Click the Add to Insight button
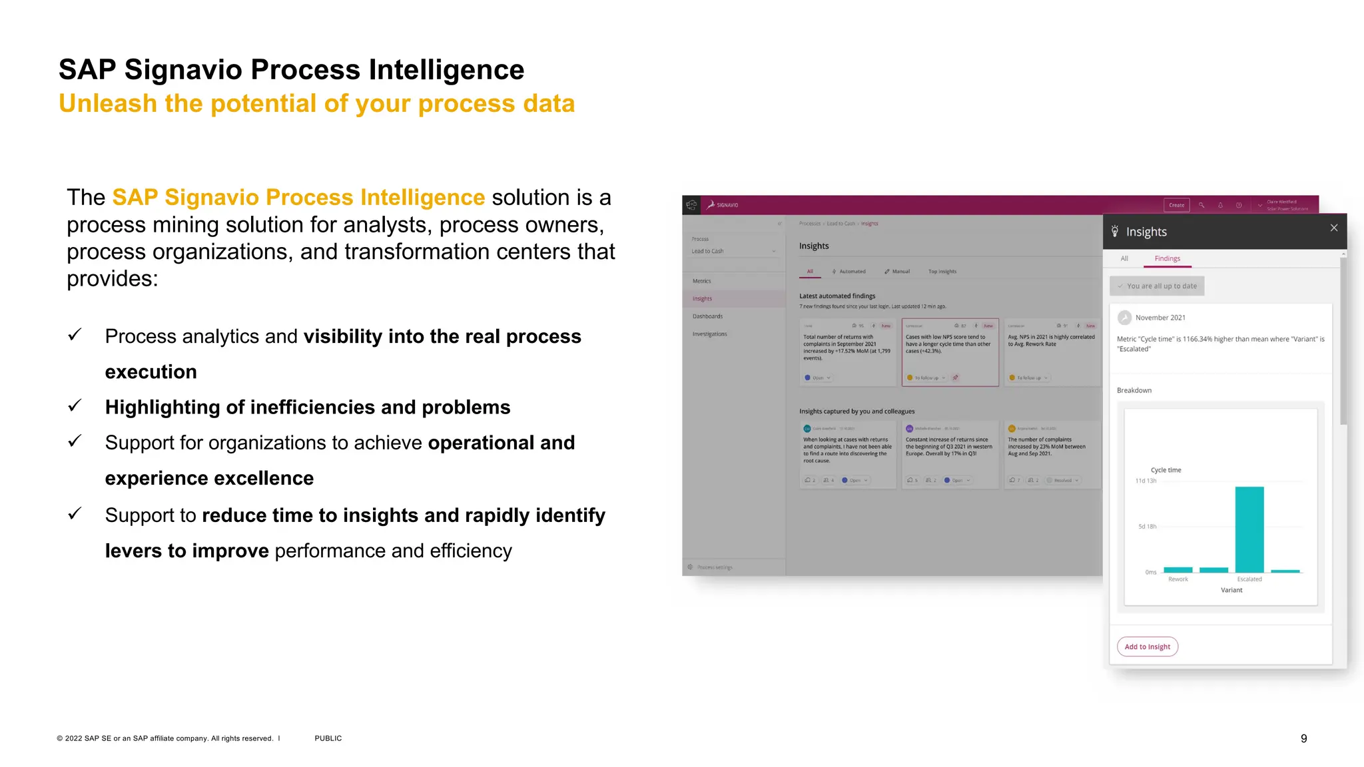(1147, 646)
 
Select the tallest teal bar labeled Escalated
(1249, 529)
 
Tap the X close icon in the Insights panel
(1333, 228)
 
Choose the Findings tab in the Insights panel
(1167, 258)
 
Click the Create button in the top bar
(1176, 205)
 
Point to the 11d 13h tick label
(1146, 481)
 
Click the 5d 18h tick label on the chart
(1147, 527)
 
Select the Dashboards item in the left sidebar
(707, 316)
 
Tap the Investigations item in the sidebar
(709, 334)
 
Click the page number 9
(1303, 738)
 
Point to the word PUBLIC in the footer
(328, 738)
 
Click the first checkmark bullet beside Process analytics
(75, 335)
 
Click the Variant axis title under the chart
(1231, 590)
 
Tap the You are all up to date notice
(1157, 286)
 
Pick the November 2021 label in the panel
(1160, 318)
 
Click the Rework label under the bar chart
(1178, 579)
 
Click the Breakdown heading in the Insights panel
(1134, 390)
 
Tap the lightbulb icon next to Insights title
(1115, 231)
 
